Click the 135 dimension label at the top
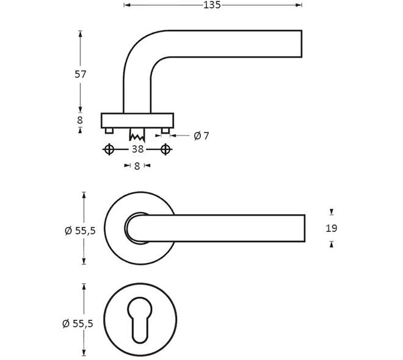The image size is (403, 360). (x=212, y=5)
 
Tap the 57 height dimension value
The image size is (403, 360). (x=80, y=74)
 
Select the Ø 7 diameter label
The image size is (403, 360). (x=201, y=136)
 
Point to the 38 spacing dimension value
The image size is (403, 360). (x=137, y=149)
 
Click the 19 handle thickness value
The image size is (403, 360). (x=332, y=228)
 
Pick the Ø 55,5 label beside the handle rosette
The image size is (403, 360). (x=80, y=231)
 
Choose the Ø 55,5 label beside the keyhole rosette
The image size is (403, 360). (x=78, y=323)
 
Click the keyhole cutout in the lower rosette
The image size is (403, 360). (x=140, y=320)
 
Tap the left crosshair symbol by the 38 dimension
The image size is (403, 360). (x=109, y=149)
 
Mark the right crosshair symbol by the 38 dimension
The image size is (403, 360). (x=165, y=149)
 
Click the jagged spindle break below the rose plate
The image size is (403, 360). (x=137, y=135)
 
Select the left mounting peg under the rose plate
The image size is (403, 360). (x=109, y=131)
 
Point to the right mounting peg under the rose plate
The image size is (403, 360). (x=165, y=131)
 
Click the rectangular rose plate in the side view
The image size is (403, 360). (x=137, y=120)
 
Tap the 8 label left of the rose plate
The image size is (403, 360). (x=80, y=120)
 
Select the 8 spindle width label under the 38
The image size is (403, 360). (x=137, y=166)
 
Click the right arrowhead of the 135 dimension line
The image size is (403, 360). (x=299, y=5)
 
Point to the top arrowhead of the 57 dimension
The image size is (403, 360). (x=81, y=34)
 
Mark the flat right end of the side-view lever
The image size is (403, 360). (x=302, y=44)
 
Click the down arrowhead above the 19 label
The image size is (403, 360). (x=332, y=212)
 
